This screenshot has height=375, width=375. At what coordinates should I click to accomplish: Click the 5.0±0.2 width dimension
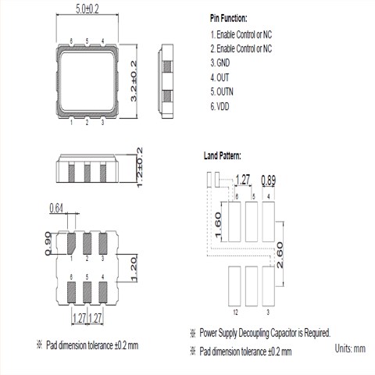(x=87, y=9)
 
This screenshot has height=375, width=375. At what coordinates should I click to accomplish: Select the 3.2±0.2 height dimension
(x=134, y=81)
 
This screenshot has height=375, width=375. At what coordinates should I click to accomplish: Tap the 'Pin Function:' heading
(x=229, y=19)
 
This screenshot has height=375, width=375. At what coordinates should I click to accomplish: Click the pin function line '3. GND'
(x=220, y=62)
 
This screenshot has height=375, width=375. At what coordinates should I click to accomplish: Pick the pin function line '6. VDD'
(x=220, y=106)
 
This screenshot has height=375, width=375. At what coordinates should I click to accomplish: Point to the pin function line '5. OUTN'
(x=222, y=91)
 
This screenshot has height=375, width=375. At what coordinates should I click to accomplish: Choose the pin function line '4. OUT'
(x=220, y=77)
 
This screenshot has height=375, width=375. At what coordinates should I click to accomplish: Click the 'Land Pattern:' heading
(x=223, y=155)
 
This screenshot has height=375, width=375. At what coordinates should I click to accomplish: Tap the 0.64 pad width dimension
(x=56, y=209)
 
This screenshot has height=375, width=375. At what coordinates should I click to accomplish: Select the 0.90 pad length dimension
(x=48, y=244)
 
